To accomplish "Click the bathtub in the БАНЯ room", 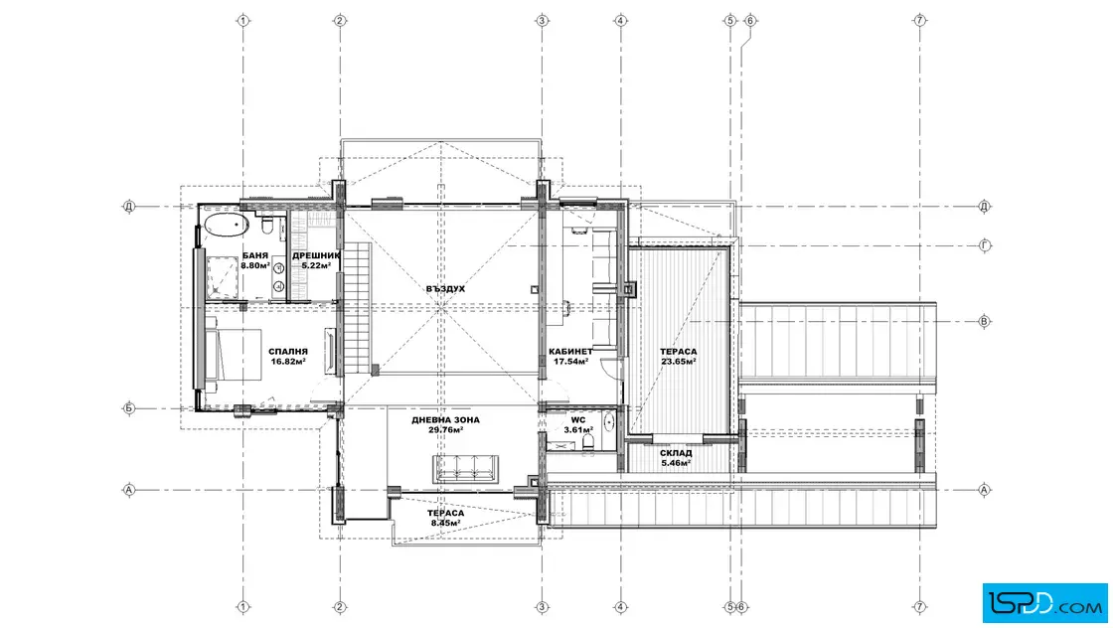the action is [x=228, y=226].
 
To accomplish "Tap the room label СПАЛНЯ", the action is [x=288, y=351].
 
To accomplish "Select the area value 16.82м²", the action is [x=288, y=361].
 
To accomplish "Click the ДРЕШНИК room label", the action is [x=316, y=255].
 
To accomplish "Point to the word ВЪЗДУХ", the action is [x=446, y=289].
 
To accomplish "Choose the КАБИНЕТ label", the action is [x=570, y=351].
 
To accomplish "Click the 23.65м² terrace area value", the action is [x=678, y=361].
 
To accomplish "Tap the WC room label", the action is [x=578, y=420].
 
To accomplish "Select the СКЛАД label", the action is [x=676, y=453].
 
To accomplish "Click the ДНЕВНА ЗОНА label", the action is [x=446, y=420].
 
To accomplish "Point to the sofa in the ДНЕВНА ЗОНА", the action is [x=466, y=468].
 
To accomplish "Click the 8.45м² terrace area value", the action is [x=446, y=523].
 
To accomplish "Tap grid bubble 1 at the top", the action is [x=242, y=21].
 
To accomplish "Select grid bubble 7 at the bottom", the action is [x=920, y=607].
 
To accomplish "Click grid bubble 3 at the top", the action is [x=543, y=21].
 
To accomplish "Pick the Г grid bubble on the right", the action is [x=985, y=245].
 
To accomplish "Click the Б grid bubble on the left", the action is [x=128, y=408].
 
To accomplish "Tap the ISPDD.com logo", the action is [x=1045, y=603].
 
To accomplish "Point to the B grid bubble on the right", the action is [x=985, y=321].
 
